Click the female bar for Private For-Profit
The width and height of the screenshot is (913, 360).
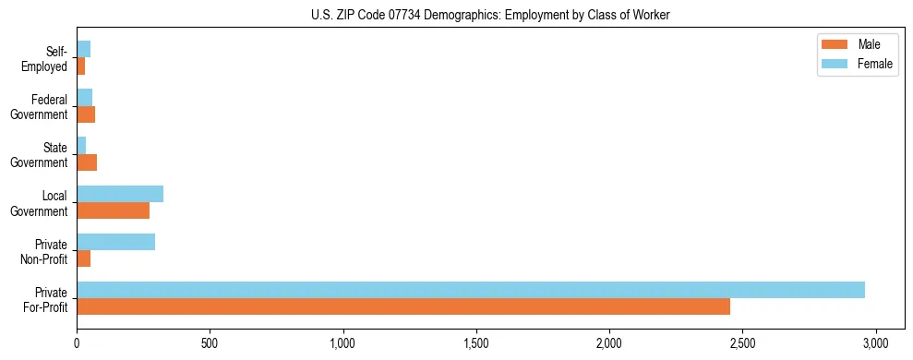(x=471, y=290)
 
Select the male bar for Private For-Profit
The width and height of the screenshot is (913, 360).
(x=403, y=306)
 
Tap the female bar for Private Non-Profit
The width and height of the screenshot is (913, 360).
(x=115, y=242)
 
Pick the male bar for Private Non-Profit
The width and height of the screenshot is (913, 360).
(x=84, y=258)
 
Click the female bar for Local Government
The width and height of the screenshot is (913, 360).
(x=120, y=194)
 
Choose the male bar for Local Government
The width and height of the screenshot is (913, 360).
(x=113, y=210)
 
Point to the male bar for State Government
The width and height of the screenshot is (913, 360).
(x=87, y=162)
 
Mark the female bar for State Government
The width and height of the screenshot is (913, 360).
(x=81, y=146)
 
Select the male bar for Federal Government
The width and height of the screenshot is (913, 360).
(x=86, y=114)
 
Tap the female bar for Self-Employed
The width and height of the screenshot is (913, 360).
(x=83, y=49)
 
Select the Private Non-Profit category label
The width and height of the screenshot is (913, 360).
(x=47, y=251)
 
